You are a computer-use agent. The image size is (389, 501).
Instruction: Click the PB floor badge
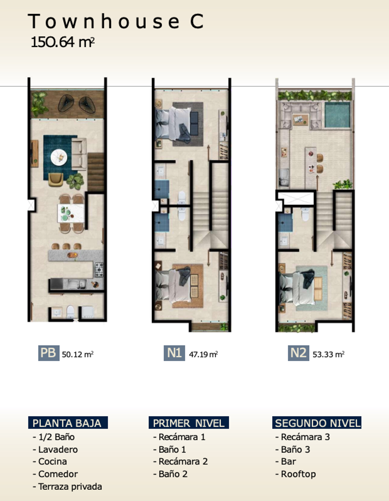point(49,353)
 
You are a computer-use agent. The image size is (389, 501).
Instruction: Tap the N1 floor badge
point(174,353)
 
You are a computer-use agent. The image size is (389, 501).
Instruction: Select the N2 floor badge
point(298,353)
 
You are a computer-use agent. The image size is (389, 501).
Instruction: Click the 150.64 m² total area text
point(63,43)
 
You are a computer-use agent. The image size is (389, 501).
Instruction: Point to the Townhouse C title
point(116,21)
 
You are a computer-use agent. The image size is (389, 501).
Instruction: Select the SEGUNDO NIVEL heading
point(317,423)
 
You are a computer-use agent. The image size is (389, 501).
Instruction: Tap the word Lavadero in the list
point(58,450)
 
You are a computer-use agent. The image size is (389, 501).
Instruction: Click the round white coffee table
point(59,157)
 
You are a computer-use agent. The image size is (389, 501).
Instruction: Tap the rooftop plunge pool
point(337,115)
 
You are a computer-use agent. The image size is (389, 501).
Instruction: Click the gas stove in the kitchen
point(99,270)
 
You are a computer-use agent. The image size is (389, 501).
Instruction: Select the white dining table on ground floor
point(71,213)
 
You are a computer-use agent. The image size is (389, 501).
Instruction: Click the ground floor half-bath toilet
point(70,312)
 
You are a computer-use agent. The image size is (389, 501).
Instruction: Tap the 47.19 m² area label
point(203,354)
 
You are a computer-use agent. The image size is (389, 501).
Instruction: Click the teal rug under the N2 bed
point(311,288)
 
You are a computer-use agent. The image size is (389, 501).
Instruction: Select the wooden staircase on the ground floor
point(96,172)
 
